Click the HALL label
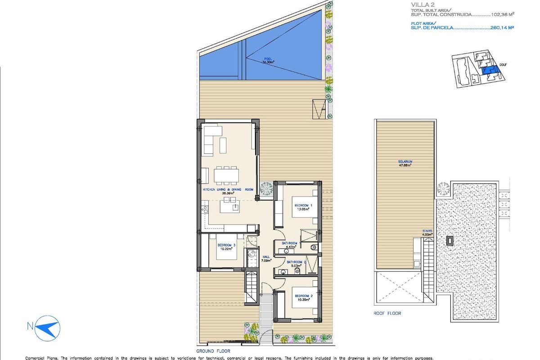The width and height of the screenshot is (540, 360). pos(266,257)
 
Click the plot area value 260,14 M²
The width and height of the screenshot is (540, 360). pos(502,27)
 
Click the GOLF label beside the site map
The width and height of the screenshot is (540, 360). pos(503,64)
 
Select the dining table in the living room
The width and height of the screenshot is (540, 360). pos(226,175)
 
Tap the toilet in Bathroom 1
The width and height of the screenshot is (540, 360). pos(314,247)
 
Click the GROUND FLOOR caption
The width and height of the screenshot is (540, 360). pos(213,351)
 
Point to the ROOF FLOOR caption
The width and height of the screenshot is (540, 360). pos(387,313)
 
